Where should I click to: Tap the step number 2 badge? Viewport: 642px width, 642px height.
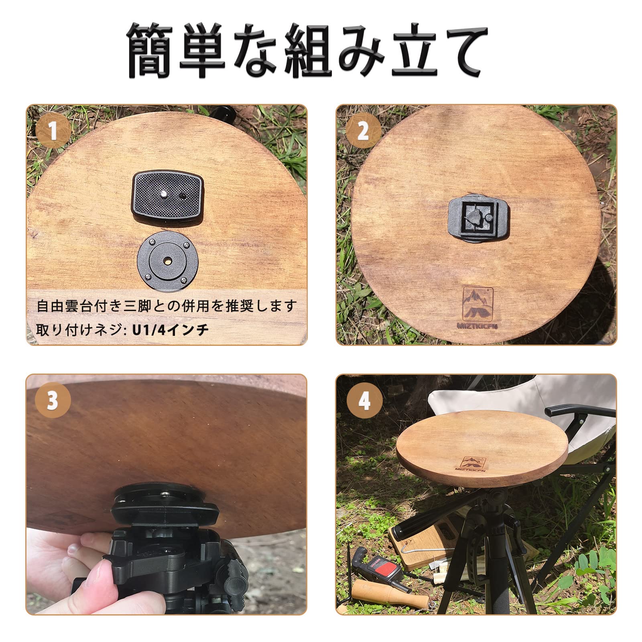(363, 130)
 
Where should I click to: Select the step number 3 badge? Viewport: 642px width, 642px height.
(52, 400)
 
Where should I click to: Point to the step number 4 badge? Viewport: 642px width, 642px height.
(364, 400)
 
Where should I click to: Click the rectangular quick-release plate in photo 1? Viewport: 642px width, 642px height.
(167, 195)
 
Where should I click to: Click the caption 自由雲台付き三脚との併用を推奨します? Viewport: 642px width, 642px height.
(166, 306)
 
